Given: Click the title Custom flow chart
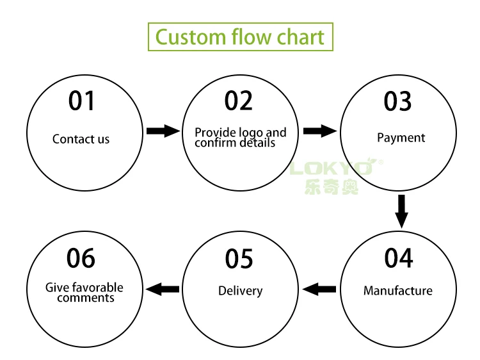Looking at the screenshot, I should pos(240,37).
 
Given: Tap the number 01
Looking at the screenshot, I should pos(82,101).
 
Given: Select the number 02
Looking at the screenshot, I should pos(239,101).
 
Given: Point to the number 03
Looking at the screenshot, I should pos(397,101).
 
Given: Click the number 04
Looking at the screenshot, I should pos(399,258).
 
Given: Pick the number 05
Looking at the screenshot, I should pos(239,259).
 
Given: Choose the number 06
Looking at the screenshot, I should pos(81,258).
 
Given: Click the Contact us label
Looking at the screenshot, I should pos(81,139).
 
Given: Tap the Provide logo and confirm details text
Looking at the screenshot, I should pos(240,137).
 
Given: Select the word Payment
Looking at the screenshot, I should pos(401,138).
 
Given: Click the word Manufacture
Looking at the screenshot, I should pos(398,291).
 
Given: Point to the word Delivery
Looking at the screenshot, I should pos(240,291).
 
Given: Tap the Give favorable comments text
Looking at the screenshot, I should pos(84,293).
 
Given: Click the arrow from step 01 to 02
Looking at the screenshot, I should pos(163,131).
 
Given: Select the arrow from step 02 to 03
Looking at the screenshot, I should pos(320,131).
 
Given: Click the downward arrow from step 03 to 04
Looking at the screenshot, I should pos(401,211).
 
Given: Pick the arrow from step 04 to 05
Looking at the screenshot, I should pos(319,290).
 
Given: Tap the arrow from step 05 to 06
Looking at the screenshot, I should pos(163,290).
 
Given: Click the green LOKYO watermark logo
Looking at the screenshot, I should pos(333,168).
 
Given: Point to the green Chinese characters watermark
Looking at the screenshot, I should pos(332,186).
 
